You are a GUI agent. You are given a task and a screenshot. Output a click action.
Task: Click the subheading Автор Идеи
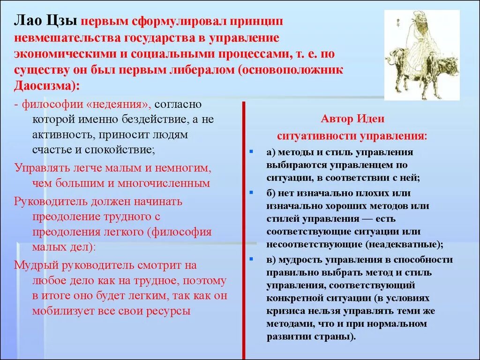pos(352,119)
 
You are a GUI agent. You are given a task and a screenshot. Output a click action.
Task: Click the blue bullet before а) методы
pos(252,152)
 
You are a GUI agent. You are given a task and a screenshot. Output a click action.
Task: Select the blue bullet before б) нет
pos(252,193)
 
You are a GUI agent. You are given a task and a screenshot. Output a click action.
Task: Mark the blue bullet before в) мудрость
pos(252,259)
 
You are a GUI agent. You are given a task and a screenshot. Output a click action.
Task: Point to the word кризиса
pos(286,311)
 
